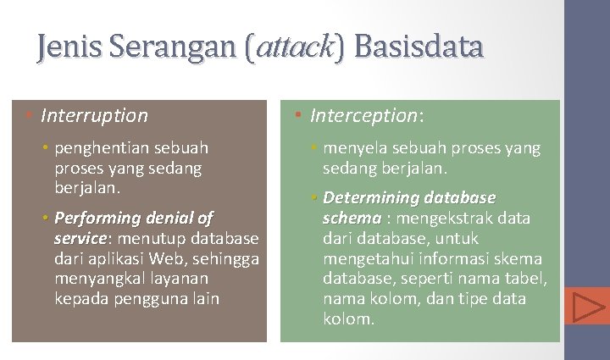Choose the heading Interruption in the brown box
(94, 115)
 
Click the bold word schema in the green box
(351, 218)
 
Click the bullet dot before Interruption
(30, 115)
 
